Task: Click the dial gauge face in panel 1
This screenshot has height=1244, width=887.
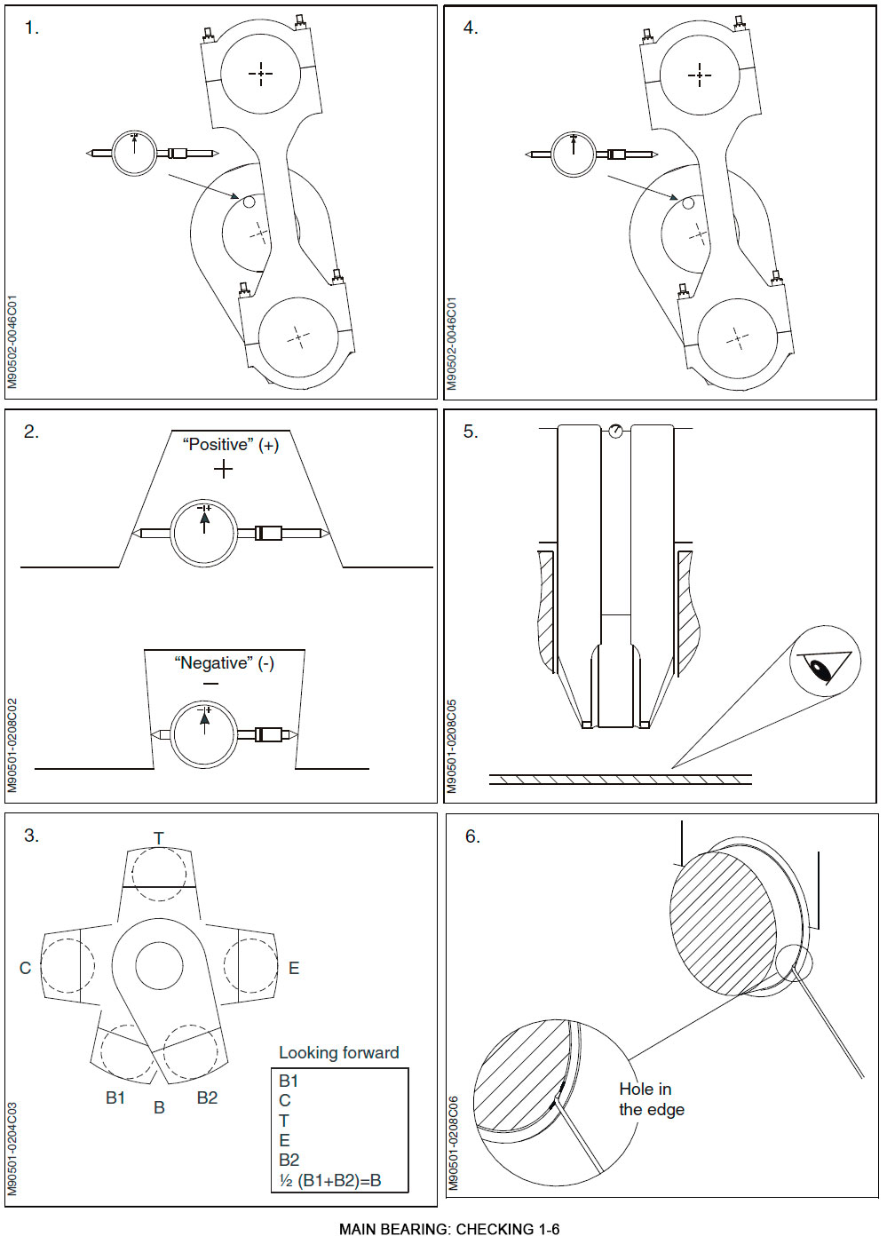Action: tap(135, 153)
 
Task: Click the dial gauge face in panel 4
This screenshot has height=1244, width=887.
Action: tap(574, 154)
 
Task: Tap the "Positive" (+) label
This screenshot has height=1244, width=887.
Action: tap(230, 445)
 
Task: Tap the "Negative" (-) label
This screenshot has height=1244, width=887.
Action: tap(224, 663)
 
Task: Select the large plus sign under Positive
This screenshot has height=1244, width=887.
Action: tap(223, 469)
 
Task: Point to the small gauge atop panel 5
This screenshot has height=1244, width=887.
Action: tap(615, 431)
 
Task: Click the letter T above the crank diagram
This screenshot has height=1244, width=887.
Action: tap(158, 838)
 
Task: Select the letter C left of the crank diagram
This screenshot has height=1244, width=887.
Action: tap(25, 968)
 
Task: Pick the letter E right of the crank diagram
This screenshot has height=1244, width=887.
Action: tap(294, 968)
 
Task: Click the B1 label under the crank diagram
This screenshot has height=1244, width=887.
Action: tap(115, 1097)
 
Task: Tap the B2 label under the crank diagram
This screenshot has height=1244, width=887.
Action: tap(207, 1097)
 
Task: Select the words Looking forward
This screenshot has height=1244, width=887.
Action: tap(338, 1052)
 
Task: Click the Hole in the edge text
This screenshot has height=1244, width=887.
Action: tap(651, 1099)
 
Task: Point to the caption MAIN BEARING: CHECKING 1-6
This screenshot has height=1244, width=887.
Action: tap(448, 1229)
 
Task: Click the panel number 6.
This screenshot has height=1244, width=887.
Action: tap(472, 836)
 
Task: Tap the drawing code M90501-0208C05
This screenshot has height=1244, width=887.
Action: tap(452, 746)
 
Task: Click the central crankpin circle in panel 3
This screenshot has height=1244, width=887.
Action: tap(159, 964)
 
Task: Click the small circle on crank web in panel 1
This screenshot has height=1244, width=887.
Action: tap(249, 202)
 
